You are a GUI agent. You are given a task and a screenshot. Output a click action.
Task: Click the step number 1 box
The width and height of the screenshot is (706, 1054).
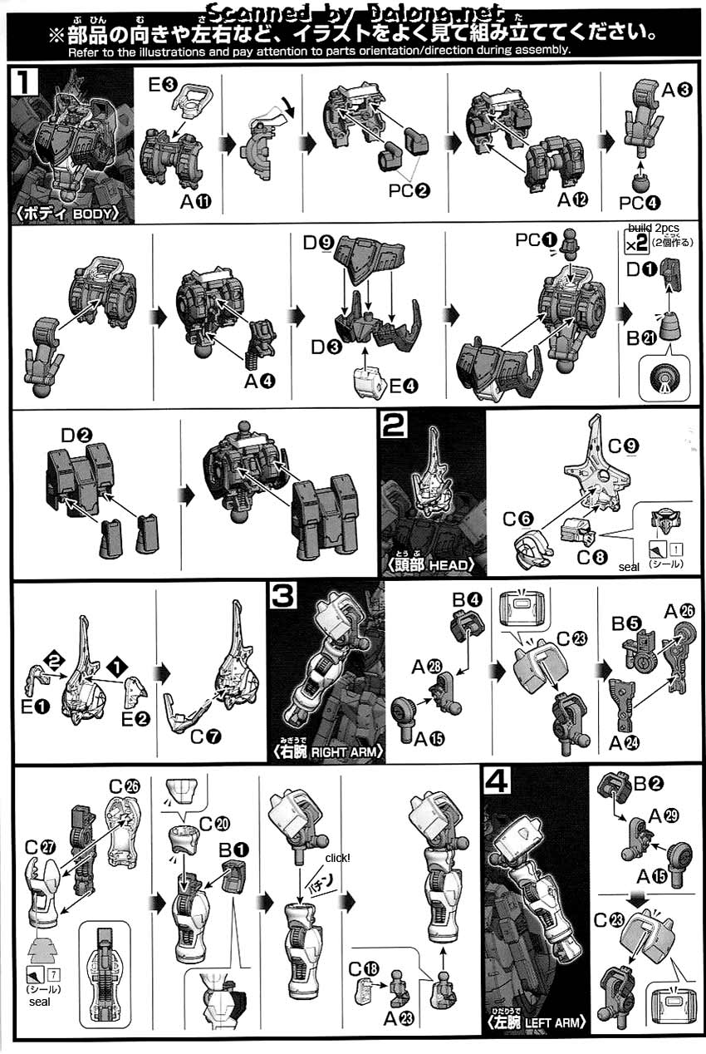tap(24, 81)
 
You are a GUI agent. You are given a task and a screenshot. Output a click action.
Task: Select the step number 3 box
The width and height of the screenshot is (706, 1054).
tap(283, 595)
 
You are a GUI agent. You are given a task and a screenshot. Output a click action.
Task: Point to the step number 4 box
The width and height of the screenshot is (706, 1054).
tap(497, 781)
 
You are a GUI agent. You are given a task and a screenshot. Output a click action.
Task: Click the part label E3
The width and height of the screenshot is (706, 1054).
tap(162, 85)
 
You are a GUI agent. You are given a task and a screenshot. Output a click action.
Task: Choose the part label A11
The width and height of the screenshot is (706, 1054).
tap(196, 202)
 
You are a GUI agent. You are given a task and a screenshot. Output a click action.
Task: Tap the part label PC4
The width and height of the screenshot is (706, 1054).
tap(640, 203)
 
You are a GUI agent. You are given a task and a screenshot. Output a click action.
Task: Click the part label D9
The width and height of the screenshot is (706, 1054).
tap(318, 243)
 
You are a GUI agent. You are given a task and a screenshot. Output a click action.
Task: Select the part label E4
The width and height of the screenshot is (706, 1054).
tap(404, 387)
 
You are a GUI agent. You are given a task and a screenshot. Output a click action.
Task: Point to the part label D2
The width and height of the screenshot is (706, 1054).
tap(76, 436)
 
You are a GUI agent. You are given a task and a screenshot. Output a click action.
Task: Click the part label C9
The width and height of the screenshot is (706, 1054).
tap(623, 446)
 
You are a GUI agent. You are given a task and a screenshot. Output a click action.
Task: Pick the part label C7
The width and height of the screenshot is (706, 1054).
tap(206, 736)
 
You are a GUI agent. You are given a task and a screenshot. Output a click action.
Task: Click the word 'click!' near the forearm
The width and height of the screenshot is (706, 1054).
tap(337, 858)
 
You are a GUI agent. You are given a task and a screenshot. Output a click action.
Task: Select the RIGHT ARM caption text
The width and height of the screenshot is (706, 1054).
tap(345, 752)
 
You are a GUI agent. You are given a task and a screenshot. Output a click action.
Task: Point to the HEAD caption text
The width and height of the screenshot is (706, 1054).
tap(449, 564)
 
